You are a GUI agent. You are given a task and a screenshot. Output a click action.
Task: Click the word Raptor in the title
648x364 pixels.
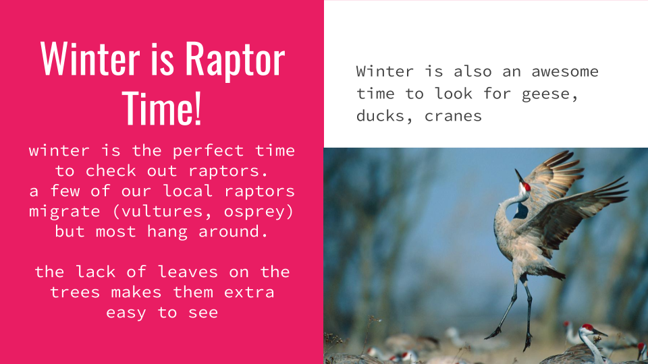coord(235,59)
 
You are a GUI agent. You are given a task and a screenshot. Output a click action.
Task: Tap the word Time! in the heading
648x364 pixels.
coord(161,108)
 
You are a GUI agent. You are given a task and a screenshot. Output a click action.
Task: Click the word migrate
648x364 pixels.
coord(65,212)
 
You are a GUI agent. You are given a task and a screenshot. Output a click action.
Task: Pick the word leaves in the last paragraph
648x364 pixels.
coord(188,272)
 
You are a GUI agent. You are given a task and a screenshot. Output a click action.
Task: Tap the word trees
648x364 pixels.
coord(75,293)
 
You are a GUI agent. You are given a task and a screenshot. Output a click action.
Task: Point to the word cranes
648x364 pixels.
coord(453,117)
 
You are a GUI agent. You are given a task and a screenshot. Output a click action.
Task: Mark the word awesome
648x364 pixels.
coord(565,72)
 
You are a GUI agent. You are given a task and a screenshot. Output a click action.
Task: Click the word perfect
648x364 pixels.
coord(208,151)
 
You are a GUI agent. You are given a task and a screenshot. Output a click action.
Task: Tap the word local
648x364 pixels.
coord(188,191)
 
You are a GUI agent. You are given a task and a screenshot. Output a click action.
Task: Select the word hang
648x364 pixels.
coord(167,232)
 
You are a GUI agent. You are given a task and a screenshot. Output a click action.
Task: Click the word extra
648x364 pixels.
coord(249,293)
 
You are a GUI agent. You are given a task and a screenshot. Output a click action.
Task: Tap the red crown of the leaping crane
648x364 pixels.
coord(526,187)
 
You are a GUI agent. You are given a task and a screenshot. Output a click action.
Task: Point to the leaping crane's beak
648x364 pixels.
coord(518,176)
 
